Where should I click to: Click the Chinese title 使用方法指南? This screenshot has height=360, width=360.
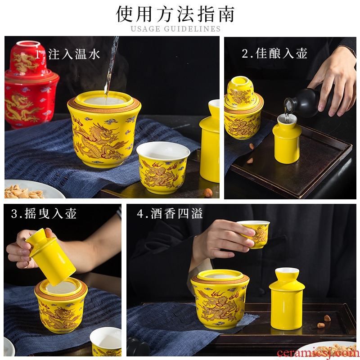pos(175,14)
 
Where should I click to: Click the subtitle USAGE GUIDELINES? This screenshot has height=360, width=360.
pos(175,29)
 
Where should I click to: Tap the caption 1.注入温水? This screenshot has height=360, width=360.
pos(67,54)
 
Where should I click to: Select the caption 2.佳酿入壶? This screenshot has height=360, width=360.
pos(274,53)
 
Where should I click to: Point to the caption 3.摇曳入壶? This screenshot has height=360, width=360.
pos(44,213)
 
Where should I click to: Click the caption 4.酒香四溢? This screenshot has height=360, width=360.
pos(170,213)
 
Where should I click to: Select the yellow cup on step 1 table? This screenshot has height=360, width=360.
pos(163,167)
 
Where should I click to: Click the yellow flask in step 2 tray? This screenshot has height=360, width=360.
pos(287,139)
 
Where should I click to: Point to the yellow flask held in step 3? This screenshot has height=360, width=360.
pos(50,256)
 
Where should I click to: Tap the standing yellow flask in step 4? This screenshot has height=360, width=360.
pos(287,298)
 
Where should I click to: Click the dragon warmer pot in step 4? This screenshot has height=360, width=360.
pos(220,299)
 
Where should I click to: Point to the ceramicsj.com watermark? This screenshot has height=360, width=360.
pos(318,353)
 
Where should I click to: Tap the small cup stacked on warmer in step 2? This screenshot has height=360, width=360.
pos(240,91)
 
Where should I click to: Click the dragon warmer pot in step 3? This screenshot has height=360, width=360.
pos(61,305)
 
